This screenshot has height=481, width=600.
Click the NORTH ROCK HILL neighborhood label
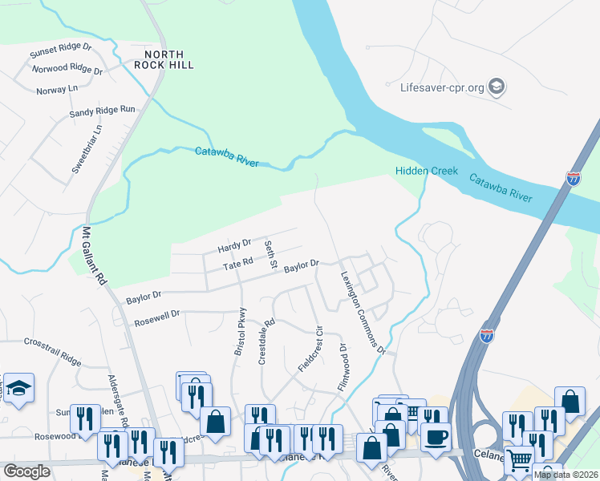pos(164,59)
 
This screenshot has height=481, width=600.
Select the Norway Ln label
pos(57,90)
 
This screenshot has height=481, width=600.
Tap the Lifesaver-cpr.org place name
pos(440,87)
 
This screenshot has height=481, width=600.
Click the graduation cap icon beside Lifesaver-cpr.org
pos(497,87)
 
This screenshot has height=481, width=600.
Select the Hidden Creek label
pos(426,171)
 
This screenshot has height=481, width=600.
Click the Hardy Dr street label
pos(235,242)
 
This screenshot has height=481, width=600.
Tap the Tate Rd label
pos(238,262)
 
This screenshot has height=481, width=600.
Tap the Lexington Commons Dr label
pos(363,312)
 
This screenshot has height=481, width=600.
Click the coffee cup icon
pos(436,438)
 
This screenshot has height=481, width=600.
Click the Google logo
pos(26,471)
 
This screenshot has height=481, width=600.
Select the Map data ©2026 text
pos(565,475)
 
